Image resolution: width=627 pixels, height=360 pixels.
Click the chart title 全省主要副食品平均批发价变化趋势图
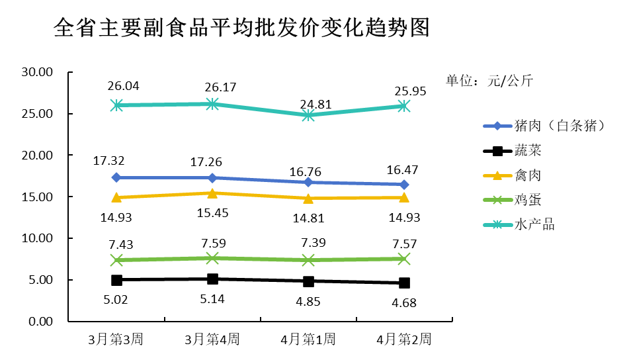(241, 28)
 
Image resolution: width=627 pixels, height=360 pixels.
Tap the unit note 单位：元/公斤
(489, 81)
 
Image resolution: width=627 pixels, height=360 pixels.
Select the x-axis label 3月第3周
(116, 340)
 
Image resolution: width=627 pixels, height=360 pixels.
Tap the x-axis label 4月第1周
(308, 340)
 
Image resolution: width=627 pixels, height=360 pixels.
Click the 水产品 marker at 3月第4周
(212, 104)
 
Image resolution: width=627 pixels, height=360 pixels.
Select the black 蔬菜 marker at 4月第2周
(404, 283)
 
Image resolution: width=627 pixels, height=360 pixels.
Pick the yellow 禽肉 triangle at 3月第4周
(212, 193)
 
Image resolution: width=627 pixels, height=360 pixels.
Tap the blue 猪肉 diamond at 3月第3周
(116, 177)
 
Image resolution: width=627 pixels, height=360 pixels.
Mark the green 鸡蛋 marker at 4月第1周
(308, 260)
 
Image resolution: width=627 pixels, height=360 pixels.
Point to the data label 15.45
(212, 211)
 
